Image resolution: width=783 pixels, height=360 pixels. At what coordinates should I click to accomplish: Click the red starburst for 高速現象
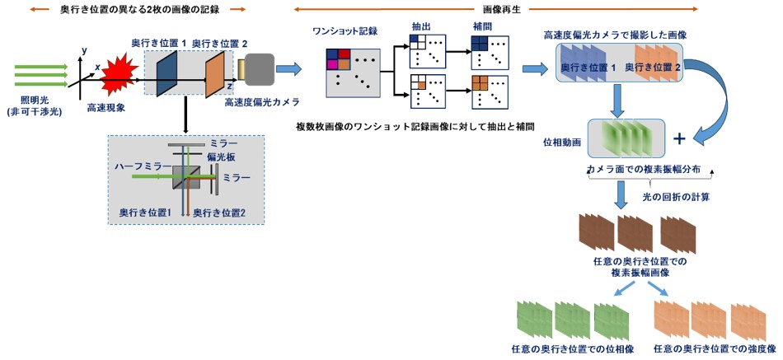tap(120, 79)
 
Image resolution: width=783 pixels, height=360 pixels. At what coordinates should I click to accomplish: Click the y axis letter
tap(84, 50)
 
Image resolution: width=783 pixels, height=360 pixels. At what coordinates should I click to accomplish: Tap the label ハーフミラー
tap(143, 166)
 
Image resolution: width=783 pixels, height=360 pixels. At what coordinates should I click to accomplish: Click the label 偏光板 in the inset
tap(218, 157)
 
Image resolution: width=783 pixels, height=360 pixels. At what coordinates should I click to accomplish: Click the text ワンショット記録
tap(345, 30)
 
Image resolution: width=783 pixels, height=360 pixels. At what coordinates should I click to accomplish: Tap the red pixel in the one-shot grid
tap(343, 54)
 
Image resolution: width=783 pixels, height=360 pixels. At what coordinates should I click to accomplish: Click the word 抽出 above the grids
tap(420, 26)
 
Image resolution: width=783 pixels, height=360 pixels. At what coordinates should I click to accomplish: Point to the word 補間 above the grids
tap(482, 26)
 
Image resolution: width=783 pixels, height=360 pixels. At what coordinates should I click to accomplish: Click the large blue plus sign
tap(678, 138)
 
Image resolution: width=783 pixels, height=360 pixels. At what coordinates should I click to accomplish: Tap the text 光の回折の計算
tap(676, 197)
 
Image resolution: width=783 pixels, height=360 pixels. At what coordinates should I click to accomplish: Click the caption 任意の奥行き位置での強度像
tap(715, 348)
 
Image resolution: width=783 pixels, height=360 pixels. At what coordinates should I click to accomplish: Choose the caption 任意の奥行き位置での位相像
tap(573, 348)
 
